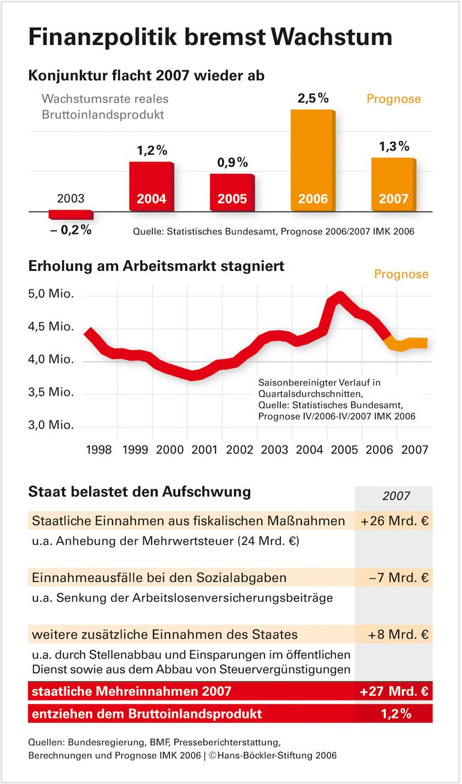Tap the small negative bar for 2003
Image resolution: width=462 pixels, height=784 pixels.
tap(70, 215)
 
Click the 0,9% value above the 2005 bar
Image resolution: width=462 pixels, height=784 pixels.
tap(232, 162)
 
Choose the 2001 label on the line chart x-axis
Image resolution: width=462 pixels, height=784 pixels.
tap(205, 449)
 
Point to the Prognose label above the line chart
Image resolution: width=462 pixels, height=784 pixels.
tap(401, 275)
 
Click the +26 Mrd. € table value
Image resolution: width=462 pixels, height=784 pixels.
tap(395, 521)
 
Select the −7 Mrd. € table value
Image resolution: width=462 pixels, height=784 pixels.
tap(398, 578)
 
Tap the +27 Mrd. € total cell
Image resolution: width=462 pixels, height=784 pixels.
tap(394, 691)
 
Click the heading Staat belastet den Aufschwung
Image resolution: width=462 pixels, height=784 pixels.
tap(140, 492)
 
